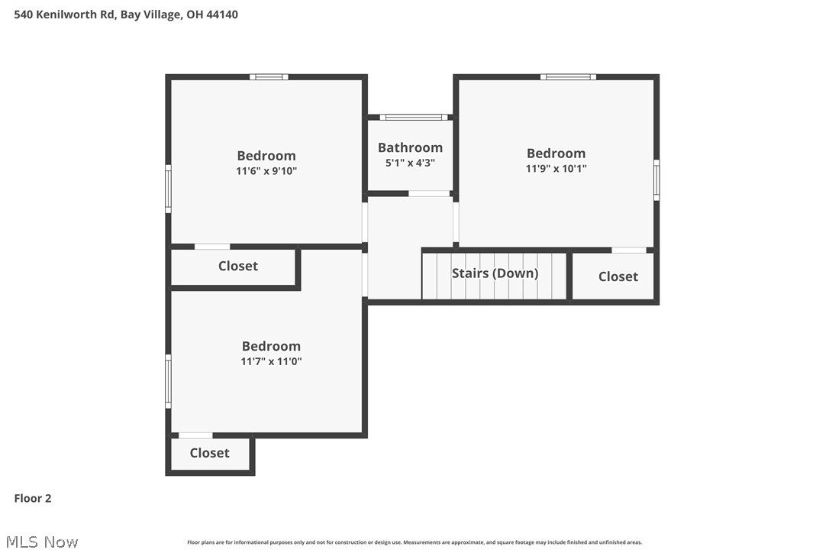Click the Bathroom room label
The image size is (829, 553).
[x=410, y=147]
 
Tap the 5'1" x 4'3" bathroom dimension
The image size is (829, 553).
[x=410, y=163]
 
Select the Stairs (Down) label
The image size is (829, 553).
[x=495, y=273]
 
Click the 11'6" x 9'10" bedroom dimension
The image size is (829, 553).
[x=266, y=171]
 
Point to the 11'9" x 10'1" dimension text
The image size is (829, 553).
[x=556, y=169]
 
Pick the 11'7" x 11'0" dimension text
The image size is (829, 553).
[x=271, y=361]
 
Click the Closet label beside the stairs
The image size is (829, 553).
[x=618, y=276]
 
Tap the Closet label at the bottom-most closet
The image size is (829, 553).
[x=209, y=453]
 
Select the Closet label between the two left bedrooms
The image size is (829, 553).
[x=237, y=266]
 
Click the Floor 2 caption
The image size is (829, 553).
[x=33, y=499]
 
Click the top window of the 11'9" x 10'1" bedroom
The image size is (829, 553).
[x=568, y=76]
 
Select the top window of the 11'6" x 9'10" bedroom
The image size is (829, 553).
[x=269, y=76]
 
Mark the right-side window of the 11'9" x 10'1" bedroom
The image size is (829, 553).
[x=656, y=180]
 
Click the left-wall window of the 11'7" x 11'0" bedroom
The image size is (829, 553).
[x=169, y=380]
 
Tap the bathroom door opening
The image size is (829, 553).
[x=429, y=194]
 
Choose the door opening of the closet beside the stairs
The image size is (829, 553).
[x=629, y=250]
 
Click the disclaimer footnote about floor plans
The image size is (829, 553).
[x=414, y=542]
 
